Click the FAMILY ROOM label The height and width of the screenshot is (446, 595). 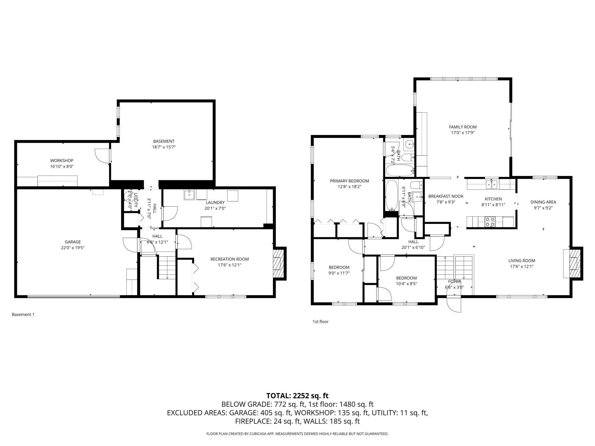click(463, 127)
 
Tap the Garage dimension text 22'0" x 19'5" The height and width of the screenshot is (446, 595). click(73, 248)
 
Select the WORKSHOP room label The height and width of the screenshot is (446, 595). click(62, 161)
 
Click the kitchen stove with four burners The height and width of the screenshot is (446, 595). click(490, 222)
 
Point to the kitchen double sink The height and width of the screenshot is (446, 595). click(492, 185)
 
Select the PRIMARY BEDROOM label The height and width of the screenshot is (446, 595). click(349, 181)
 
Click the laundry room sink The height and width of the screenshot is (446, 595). click(189, 195)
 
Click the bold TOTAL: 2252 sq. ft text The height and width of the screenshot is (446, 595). click(297, 396)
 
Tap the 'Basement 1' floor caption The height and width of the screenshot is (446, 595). click(23, 314)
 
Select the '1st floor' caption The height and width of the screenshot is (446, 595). click(320, 322)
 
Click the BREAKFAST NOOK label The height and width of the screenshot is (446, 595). click(446, 196)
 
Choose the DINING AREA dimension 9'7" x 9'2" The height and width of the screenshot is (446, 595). click(543, 208)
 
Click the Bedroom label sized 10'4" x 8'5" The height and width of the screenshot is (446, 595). click(406, 278)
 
